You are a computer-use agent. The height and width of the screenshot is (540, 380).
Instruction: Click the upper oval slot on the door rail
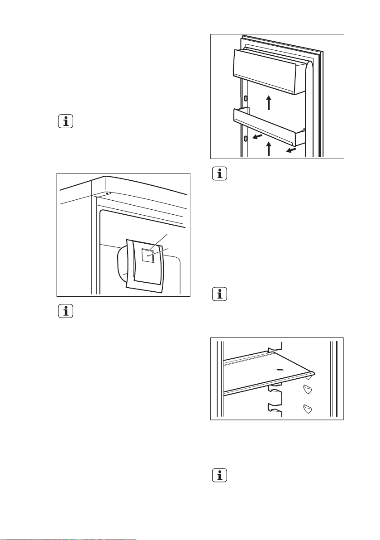pos(245,98)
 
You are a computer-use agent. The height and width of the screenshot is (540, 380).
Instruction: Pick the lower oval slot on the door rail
pos(245,138)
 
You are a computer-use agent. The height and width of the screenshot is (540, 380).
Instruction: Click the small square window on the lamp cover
pos(147,256)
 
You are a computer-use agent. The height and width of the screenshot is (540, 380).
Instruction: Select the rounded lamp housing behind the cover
pos(121,267)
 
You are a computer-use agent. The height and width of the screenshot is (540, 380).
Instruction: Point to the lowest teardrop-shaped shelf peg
pos(308,408)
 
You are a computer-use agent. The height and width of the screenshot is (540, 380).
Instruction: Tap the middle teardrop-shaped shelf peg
pos(308,390)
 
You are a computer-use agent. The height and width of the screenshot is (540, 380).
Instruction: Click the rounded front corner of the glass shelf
pos(311,374)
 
